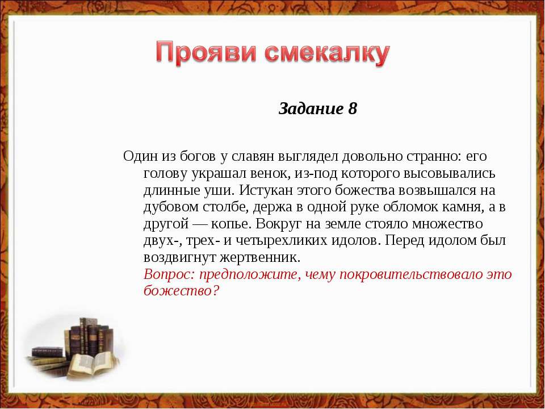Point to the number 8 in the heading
353,108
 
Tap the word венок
270,173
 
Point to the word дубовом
170,207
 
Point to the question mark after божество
216,290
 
